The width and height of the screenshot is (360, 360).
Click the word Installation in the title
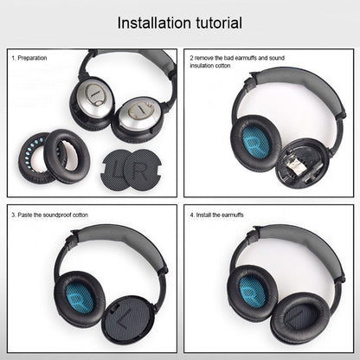151,22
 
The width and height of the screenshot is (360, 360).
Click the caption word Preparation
32,58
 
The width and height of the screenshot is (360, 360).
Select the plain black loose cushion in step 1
65,151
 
